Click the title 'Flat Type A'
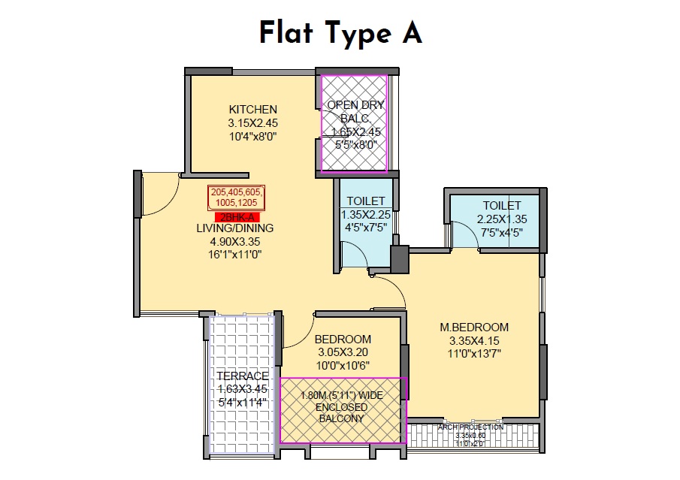pos(340,33)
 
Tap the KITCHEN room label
pos(253,110)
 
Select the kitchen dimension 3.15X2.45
pos(253,123)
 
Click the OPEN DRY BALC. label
pos(353,111)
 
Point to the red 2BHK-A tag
pos(237,216)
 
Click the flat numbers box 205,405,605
pos(237,198)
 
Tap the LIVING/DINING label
pos(236,228)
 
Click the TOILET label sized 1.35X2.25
pos(365,201)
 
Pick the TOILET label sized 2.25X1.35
pos(502,205)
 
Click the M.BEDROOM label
pos(474,327)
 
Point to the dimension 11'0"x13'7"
pos(474,352)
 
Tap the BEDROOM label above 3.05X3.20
pos(343,339)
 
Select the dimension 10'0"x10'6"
pos(343,365)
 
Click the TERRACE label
pos(242,376)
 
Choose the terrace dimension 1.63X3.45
pos(242,389)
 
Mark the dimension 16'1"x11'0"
pos(236,254)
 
